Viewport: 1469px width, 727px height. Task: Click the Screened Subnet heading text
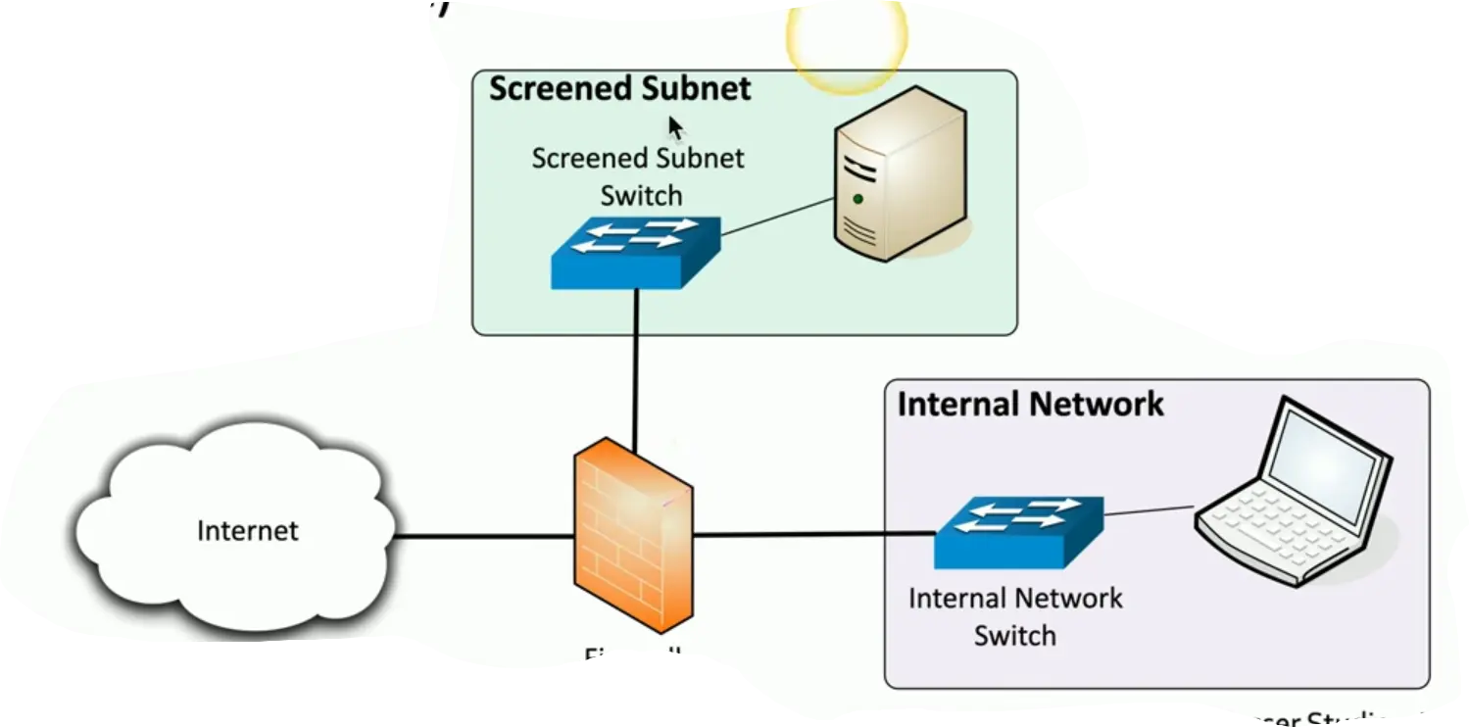coord(619,88)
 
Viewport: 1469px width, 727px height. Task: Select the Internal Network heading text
coord(1030,404)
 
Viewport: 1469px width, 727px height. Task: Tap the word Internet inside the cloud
coord(247,531)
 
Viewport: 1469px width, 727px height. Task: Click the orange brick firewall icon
coord(632,537)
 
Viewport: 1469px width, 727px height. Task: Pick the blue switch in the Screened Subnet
coord(635,252)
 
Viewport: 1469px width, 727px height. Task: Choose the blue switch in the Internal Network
coord(1018,531)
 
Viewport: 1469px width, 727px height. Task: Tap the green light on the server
coord(858,199)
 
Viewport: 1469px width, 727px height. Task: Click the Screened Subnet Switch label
coord(638,176)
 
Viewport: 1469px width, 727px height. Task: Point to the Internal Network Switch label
coord(1015,616)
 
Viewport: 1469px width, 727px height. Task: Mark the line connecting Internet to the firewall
coord(482,536)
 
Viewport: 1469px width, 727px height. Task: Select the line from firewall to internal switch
coord(813,534)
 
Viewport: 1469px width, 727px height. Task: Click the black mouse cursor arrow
coord(676,128)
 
